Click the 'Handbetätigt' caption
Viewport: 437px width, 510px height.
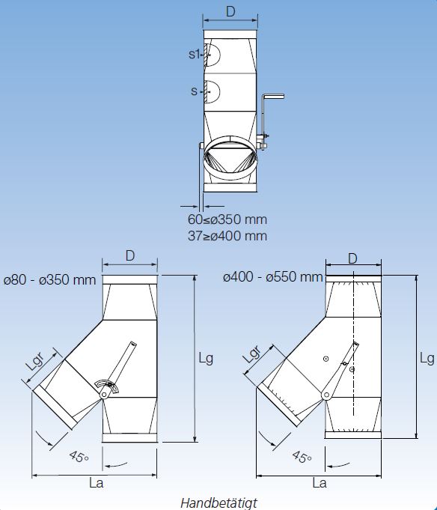point(218,503)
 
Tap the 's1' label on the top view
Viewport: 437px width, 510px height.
point(194,54)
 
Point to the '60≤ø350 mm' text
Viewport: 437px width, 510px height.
point(227,219)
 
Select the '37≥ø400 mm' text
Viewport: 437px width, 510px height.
point(227,235)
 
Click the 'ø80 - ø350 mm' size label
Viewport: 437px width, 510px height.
point(49,280)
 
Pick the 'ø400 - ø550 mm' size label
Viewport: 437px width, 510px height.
point(273,277)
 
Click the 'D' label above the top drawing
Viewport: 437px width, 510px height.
point(230,12)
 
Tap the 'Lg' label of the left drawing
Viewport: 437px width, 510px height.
point(206,359)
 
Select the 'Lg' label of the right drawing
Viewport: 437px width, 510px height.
point(427,359)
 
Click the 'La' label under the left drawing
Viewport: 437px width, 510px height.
point(97,483)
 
